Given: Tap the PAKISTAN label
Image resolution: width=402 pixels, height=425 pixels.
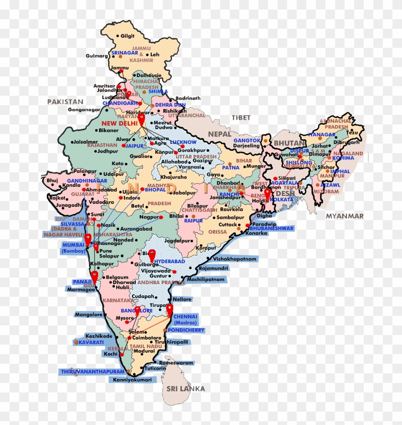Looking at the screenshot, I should (x=65, y=101).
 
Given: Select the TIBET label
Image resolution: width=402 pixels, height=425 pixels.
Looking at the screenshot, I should (x=241, y=117).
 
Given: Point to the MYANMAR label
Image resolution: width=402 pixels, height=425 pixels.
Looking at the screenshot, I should (x=345, y=216).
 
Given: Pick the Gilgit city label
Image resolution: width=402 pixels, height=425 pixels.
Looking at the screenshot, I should (x=127, y=36).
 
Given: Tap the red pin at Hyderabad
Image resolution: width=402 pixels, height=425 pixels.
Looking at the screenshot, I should (x=152, y=255).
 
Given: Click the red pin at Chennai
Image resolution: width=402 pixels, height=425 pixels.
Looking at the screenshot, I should (x=169, y=310).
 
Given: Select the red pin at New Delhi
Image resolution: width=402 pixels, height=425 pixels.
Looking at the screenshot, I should (x=142, y=118).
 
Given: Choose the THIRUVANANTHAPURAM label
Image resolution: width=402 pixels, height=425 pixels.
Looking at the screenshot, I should (x=92, y=371).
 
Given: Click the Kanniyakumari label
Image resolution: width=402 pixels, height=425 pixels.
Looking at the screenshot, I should (x=133, y=380).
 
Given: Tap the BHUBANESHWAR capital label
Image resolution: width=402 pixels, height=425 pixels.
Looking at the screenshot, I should (x=271, y=228).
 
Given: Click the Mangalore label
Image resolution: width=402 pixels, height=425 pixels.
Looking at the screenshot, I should (x=89, y=314).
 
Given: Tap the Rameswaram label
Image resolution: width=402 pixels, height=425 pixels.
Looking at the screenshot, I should (x=177, y=363).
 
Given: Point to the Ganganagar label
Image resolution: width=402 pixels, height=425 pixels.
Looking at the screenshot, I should (x=84, y=110).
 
